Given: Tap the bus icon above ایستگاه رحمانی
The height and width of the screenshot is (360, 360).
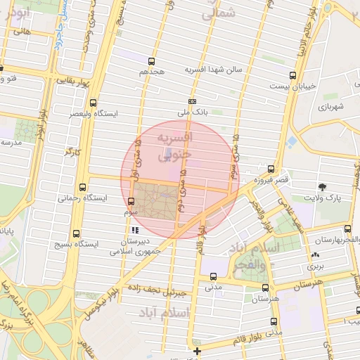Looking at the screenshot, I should tap(83, 187).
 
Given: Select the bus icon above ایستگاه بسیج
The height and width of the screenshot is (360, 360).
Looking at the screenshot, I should tap(76, 233).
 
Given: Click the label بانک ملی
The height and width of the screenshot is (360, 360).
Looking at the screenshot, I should tap(192, 112).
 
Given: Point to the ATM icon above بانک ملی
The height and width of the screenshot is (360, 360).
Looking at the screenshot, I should tap(192, 101).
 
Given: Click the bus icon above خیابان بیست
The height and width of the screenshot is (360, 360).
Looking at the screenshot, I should tap(292, 75).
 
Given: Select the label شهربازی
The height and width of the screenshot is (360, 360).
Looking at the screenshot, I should tap(329, 108).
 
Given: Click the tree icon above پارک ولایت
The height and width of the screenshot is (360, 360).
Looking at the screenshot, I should tap(322, 187).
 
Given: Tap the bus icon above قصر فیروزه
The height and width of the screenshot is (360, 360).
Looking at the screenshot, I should tap(271, 169).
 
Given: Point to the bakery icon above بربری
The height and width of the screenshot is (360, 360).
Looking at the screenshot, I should tap(313, 256).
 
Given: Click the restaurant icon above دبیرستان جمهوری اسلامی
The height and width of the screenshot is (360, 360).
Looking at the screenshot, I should tap(134, 230).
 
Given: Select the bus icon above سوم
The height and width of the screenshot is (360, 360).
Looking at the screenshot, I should tap(131, 201).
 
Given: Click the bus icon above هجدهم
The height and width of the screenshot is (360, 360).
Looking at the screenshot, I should tap(152, 61).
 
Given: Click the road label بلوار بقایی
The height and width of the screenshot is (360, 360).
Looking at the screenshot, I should tap(70, 82).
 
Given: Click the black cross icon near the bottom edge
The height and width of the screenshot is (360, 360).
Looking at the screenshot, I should tap(197, 350).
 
